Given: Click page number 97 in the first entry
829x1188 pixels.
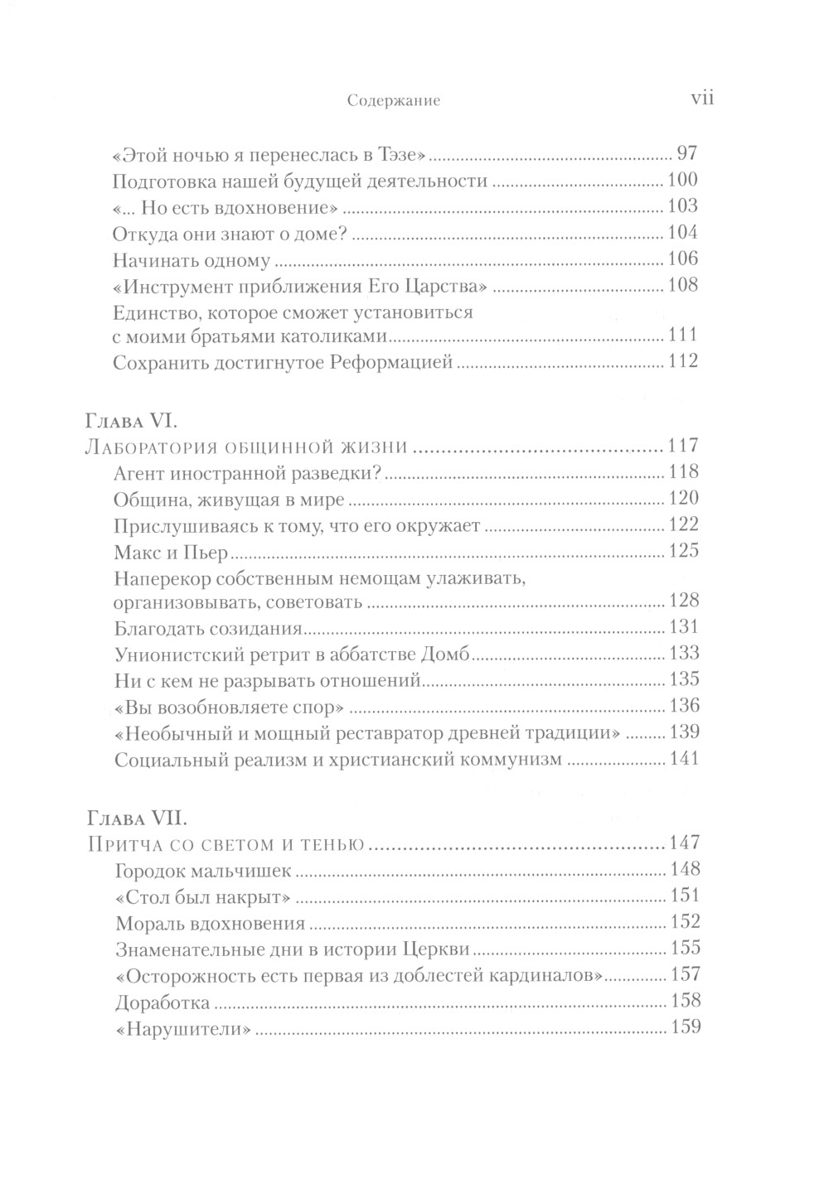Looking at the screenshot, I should pos(688,153).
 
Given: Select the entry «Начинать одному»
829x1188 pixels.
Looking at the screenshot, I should pos(191,259).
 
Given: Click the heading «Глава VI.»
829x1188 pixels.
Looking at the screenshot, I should pos(138,420).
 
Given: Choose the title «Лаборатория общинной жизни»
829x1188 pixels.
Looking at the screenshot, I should pos(247,447).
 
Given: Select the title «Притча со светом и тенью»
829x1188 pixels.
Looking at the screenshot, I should pos(226,844).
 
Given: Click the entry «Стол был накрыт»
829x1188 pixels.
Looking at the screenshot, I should pos(205,896).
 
